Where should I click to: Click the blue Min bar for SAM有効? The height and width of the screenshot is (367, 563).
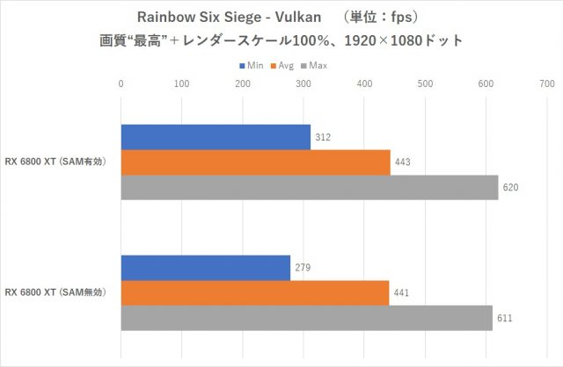(216, 137)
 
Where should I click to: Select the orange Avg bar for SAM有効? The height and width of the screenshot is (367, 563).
(255, 162)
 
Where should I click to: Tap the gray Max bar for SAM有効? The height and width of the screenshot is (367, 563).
(309, 188)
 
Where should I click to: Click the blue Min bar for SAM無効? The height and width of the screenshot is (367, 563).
(205, 268)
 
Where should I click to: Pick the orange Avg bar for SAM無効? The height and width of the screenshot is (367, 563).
(254, 293)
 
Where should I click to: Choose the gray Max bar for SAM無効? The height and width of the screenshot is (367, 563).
(306, 318)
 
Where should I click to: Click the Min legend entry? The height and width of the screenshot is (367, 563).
(251, 65)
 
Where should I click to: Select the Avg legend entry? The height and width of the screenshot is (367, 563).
(284, 65)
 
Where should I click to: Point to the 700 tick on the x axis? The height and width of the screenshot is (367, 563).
(546, 84)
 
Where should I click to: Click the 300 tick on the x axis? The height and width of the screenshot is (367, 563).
(303, 84)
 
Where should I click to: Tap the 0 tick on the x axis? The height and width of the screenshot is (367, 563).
(121, 84)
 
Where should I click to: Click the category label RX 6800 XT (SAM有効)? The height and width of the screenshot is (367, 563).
(56, 162)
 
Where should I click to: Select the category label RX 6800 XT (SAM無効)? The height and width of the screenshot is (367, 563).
(56, 292)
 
